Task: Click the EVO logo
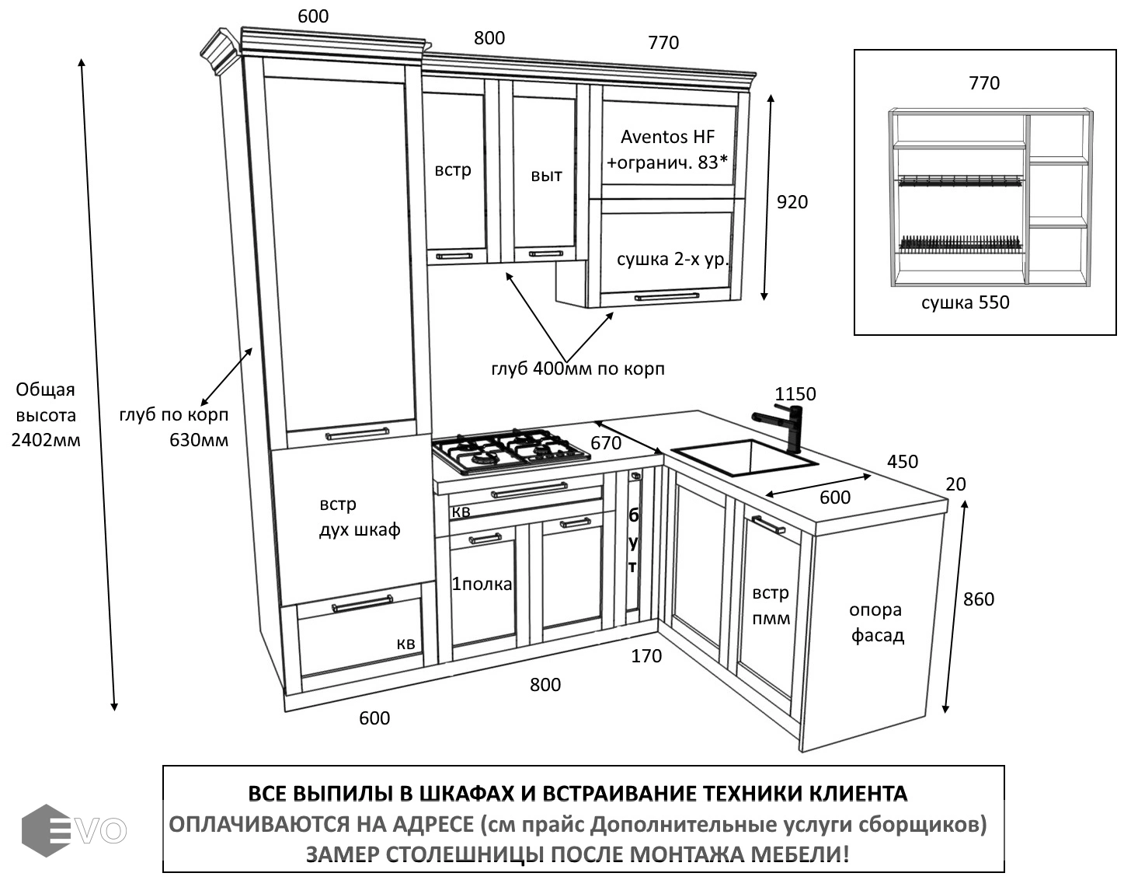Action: click(x=74, y=830)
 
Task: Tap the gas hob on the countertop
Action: click(x=510, y=450)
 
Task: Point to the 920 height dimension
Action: click(x=792, y=202)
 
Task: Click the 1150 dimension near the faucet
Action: click(x=795, y=394)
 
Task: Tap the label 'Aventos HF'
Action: click(x=667, y=138)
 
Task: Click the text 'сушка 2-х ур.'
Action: click(x=673, y=259)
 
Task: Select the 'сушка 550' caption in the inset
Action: click(x=965, y=302)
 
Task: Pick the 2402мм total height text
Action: click(x=46, y=440)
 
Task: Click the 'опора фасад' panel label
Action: click(x=877, y=623)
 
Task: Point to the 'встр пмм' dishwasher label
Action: click(x=771, y=605)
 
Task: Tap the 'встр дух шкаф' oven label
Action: click(x=359, y=517)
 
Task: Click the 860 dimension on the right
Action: click(x=978, y=599)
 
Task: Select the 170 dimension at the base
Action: click(x=646, y=656)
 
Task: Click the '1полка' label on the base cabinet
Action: click(x=482, y=584)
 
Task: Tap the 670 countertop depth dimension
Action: click(x=606, y=443)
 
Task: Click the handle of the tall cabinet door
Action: click(x=357, y=434)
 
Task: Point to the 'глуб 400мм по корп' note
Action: click(x=578, y=368)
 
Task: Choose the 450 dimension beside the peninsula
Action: click(x=902, y=462)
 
